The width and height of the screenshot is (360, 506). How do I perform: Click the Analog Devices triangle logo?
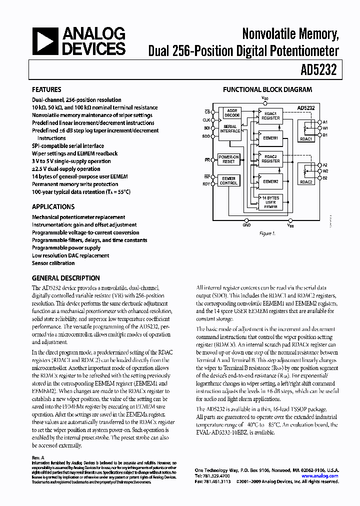coord(45,41)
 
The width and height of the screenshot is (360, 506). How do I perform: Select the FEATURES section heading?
coord(46,90)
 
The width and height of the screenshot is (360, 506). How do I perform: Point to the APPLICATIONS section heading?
coord(53,206)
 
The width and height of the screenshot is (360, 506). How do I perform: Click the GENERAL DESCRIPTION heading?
coord(65,278)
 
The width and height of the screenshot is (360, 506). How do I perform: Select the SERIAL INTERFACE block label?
coord(230,129)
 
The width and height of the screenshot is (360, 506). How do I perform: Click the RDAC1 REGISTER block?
coord(270,115)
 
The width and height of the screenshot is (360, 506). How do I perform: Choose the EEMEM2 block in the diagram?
coord(270,182)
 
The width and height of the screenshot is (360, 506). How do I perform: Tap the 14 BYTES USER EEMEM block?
coord(270,201)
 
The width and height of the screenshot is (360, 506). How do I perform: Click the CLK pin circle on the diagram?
coord(213,120)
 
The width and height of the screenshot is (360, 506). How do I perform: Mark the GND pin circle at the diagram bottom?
coord(246,219)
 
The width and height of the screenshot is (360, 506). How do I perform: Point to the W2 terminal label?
coord(325,170)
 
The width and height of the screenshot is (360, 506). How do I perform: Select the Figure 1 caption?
coord(266,233)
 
